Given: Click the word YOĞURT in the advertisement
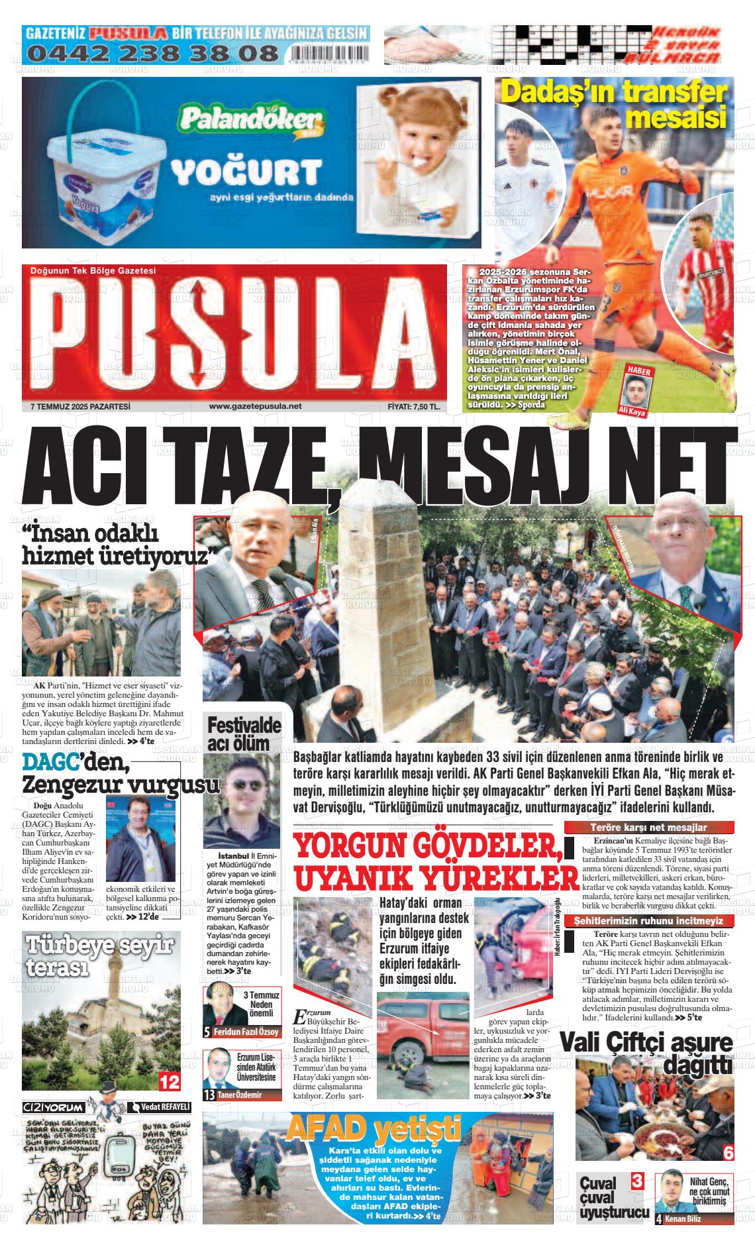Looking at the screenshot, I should pos(246,173).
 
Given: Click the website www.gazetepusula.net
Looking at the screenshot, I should pos(255,406).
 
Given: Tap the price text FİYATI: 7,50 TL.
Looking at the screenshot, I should pos(414,407).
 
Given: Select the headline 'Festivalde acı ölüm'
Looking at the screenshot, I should pos(244,733).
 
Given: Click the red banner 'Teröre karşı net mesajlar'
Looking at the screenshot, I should pos(648,827).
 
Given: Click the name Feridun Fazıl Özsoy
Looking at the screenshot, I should pos(246,1032).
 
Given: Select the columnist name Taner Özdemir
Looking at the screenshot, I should pos(239,1095).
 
